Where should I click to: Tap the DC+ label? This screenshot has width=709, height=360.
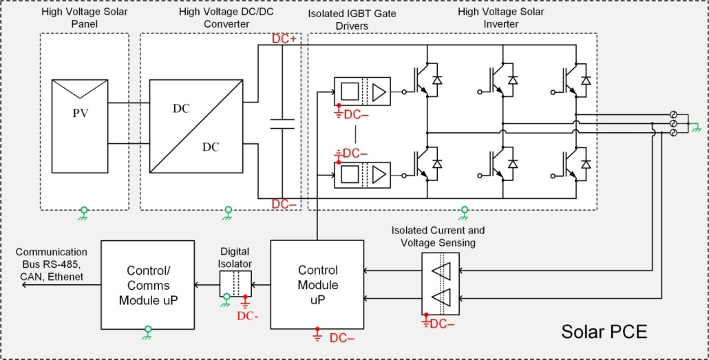point(284,40)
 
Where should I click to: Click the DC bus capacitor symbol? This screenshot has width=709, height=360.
point(282,123)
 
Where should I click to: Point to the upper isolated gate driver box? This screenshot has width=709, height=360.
point(361,92)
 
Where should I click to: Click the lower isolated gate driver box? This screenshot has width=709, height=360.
point(361,175)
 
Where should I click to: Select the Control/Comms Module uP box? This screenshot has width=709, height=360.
point(148,284)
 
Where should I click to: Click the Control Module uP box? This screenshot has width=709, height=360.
point(317,284)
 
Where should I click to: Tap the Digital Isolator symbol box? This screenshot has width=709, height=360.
point(235,284)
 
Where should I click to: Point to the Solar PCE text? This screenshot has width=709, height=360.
point(604,332)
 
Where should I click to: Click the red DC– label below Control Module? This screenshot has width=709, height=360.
point(342,338)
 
